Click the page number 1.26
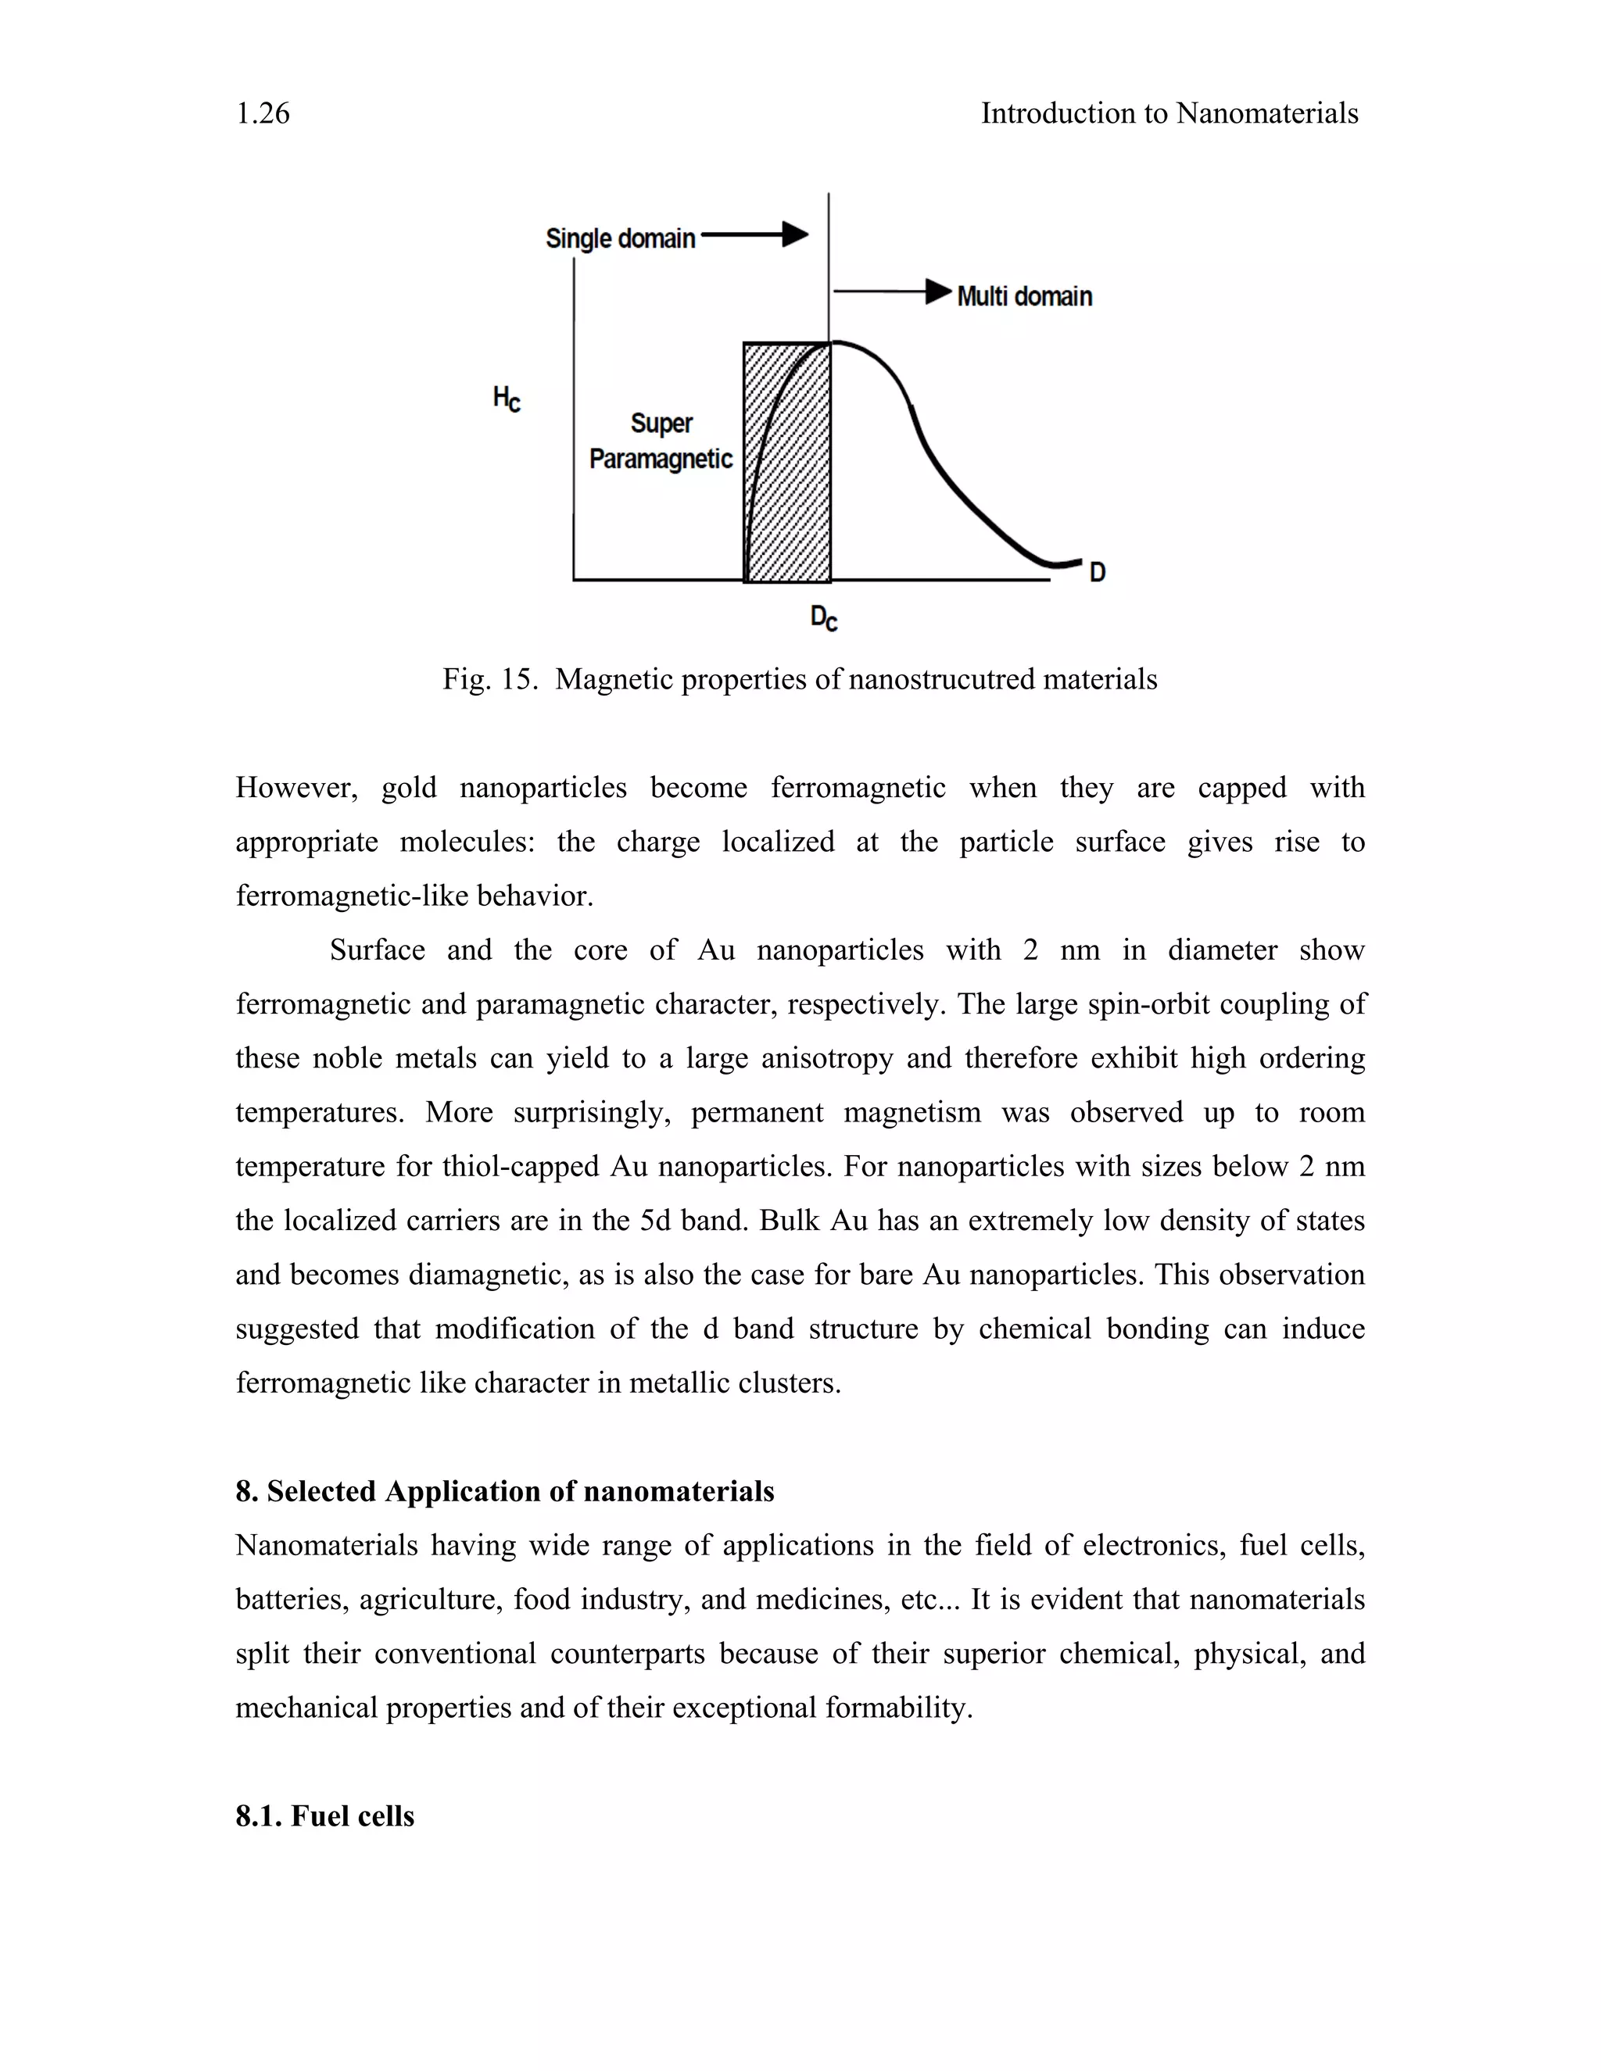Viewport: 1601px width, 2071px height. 263,114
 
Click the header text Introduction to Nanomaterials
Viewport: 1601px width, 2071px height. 1169,114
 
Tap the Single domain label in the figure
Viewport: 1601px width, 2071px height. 620,239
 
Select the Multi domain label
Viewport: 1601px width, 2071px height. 1024,297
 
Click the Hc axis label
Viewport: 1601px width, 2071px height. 507,399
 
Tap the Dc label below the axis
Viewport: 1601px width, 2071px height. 823,618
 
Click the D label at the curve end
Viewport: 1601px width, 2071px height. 1098,573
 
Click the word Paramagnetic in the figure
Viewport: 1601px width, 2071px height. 661,459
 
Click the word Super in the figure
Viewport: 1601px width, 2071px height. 661,423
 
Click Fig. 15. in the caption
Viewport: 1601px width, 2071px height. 489,680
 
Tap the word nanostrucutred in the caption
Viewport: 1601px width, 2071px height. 938,680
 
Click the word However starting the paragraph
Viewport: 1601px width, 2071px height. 296,788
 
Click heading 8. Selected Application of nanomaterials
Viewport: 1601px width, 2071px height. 504,1492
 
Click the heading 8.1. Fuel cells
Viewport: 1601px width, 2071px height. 324,1816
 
